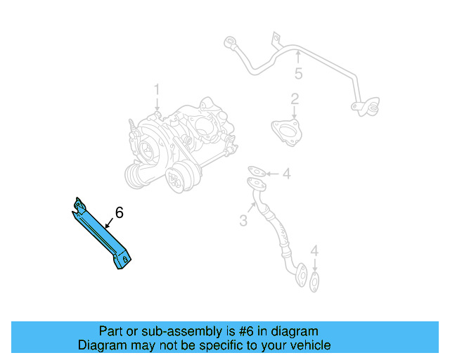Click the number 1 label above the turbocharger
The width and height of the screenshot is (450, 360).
click(157, 90)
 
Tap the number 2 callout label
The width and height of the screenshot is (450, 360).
click(295, 99)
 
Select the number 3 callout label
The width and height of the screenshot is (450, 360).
click(243, 221)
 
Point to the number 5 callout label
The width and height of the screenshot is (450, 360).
click(298, 73)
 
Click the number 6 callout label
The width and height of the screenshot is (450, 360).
click(119, 212)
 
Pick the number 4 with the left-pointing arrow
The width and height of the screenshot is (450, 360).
click(286, 174)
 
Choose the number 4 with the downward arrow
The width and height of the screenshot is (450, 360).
click(314, 250)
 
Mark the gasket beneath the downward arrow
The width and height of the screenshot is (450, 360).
click(314, 283)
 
